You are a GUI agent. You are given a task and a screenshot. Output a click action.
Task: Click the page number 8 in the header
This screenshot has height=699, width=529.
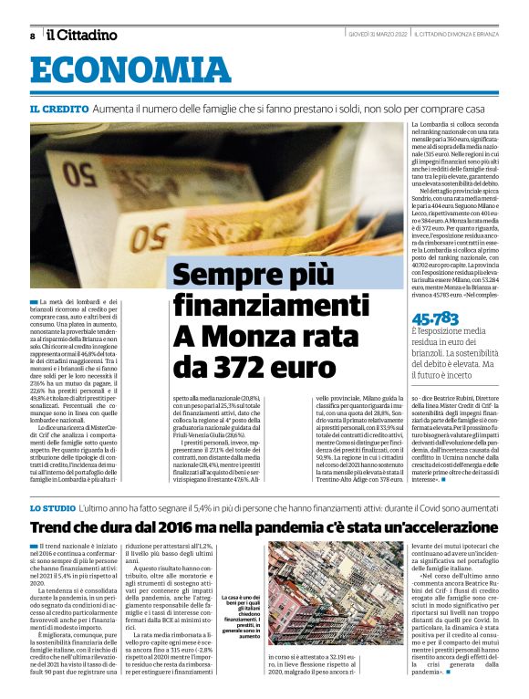click(x=32, y=36)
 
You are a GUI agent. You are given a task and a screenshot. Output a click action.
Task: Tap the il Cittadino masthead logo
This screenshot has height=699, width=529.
click(x=82, y=35)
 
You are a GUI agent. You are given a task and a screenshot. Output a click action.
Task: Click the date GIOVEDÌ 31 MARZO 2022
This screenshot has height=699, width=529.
click(x=376, y=35)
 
